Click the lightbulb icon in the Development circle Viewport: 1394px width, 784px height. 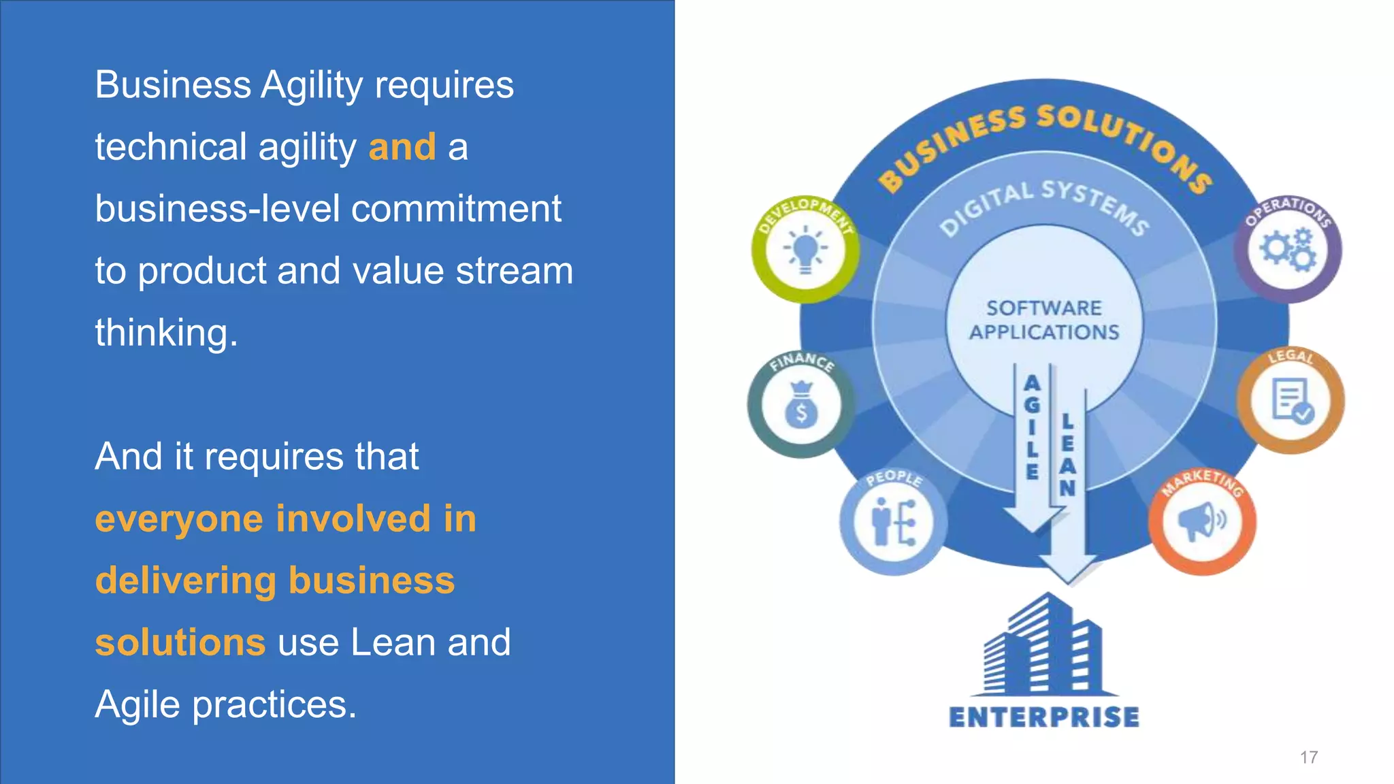(x=805, y=249)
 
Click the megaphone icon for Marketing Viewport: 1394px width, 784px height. (x=1201, y=521)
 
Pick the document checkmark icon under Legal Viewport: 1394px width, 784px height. (x=1291, y=402)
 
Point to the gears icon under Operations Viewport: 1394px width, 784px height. (x=1287, y=250)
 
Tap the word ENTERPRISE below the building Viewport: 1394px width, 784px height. (x=1044, y=717)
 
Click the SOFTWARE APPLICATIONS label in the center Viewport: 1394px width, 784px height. (x=1044, y=320)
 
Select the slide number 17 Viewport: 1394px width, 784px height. (x=1308, y=757)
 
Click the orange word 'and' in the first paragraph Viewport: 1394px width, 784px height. (x=402, y=147)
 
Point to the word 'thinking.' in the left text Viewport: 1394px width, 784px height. (x=167, y=333)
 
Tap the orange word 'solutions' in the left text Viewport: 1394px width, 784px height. (x=180, y=642)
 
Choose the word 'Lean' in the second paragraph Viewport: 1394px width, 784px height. (x=393, y=642)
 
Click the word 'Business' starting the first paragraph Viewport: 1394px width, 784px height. (x=173, y=85)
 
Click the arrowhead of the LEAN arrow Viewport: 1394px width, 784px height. (x=1068, y=569)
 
